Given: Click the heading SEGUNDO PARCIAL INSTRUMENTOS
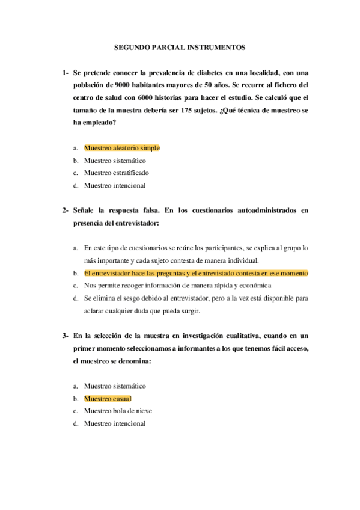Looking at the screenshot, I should pos(180,46).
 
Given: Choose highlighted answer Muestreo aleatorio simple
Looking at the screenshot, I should pos(121,147).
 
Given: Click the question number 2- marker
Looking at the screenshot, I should pos(66,211).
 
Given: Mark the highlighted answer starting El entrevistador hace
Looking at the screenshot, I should pos(196,273).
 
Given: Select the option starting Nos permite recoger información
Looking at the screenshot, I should pos(178,285).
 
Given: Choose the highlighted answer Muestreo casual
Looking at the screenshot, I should pos(108,398).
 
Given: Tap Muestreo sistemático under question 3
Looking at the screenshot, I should pos(115,386).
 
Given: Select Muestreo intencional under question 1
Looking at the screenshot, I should pos(115,185).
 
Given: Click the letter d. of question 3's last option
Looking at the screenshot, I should pos(76,423).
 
